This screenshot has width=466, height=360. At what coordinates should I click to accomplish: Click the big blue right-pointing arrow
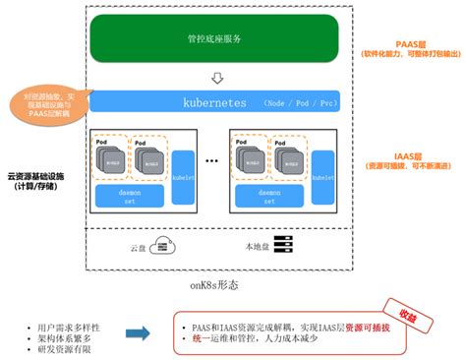[x=139, y=334]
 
